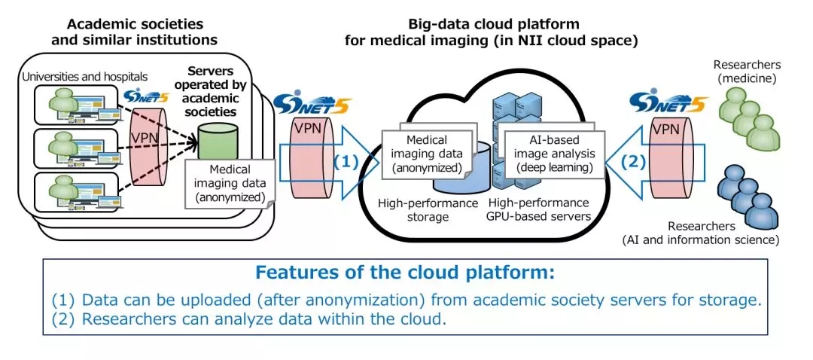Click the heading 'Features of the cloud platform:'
click(x=405, y=272)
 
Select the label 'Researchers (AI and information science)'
click(x=700, y=233)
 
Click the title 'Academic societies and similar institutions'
click(x=135, y=32)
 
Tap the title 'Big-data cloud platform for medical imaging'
click(x=491, y=32)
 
